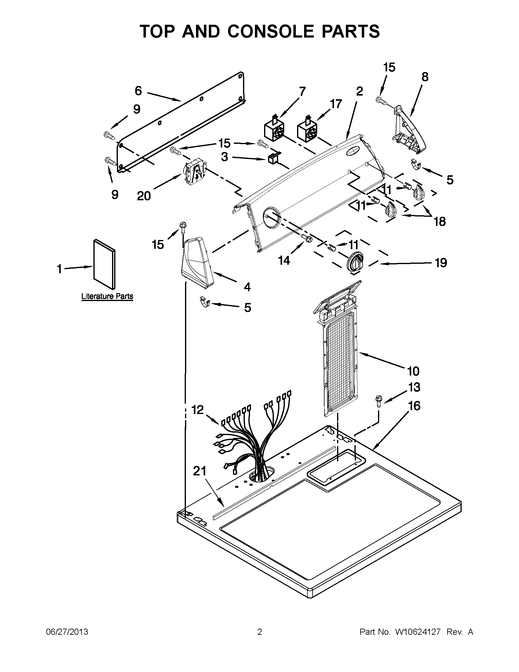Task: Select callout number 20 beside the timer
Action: point(144,196)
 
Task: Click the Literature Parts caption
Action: point(107,296)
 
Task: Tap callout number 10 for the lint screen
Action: point(413,371)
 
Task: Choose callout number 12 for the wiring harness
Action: point(198,409)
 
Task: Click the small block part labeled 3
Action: point(273,158)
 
